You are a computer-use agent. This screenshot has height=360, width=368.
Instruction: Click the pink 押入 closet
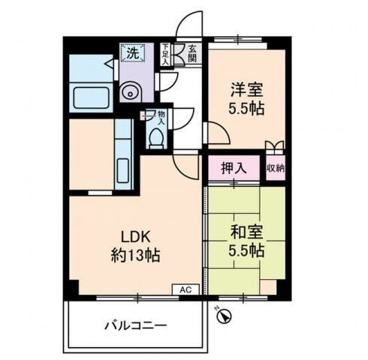tap(234, 168)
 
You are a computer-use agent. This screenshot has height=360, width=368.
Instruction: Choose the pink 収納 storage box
tap(275, 168)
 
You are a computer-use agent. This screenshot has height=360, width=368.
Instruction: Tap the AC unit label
tap(186, 289)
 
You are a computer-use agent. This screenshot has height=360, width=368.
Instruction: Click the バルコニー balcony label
tap(135, 326)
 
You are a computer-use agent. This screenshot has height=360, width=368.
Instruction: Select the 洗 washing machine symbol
tap(131, 54)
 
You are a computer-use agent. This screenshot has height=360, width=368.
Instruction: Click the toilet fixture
tap(156, 136)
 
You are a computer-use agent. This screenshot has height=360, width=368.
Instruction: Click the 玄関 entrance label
tap(193, 54)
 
